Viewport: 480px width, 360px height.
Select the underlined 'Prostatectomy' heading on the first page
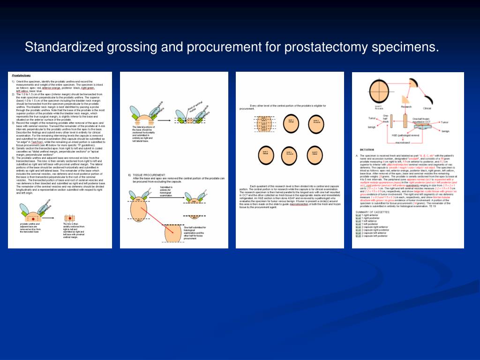pyautogui.click(x=22, y=75)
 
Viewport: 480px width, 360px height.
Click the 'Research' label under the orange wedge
pyautogui.click(x=406, y=106)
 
